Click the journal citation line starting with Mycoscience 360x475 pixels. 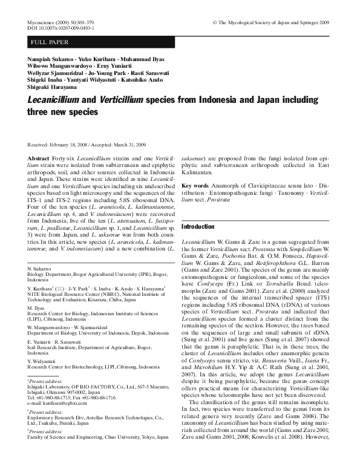(55, 22)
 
